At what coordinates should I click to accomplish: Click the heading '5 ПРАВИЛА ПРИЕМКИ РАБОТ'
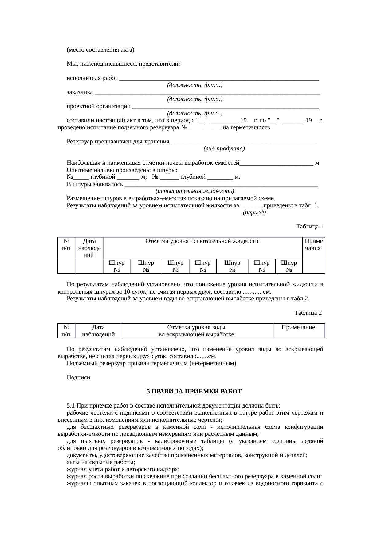click(x=194, y=392)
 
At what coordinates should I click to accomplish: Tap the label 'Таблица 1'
click(x=309, y=227)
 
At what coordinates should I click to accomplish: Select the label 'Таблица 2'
click(x=308, y=313)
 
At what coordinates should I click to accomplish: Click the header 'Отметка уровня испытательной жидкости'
click(x=202, y=241)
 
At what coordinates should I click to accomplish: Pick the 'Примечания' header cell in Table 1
click(x=313, y=245)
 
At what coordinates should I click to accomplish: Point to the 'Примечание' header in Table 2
click(x=298, y=327)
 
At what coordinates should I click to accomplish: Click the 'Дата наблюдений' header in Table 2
click(x=98, y=331)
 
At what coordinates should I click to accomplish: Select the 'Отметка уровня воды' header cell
click(x=196, y=331)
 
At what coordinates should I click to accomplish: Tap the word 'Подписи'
click(x=78, y=377)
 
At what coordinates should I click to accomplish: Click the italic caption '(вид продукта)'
click(x=224, y=149)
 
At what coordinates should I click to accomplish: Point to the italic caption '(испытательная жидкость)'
click(x=194, y=191)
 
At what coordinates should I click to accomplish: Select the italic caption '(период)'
click(x=254, y=213)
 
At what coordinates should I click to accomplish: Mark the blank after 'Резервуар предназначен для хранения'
click(x=244, y=143)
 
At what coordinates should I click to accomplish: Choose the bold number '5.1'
click(x=71, y=406)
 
